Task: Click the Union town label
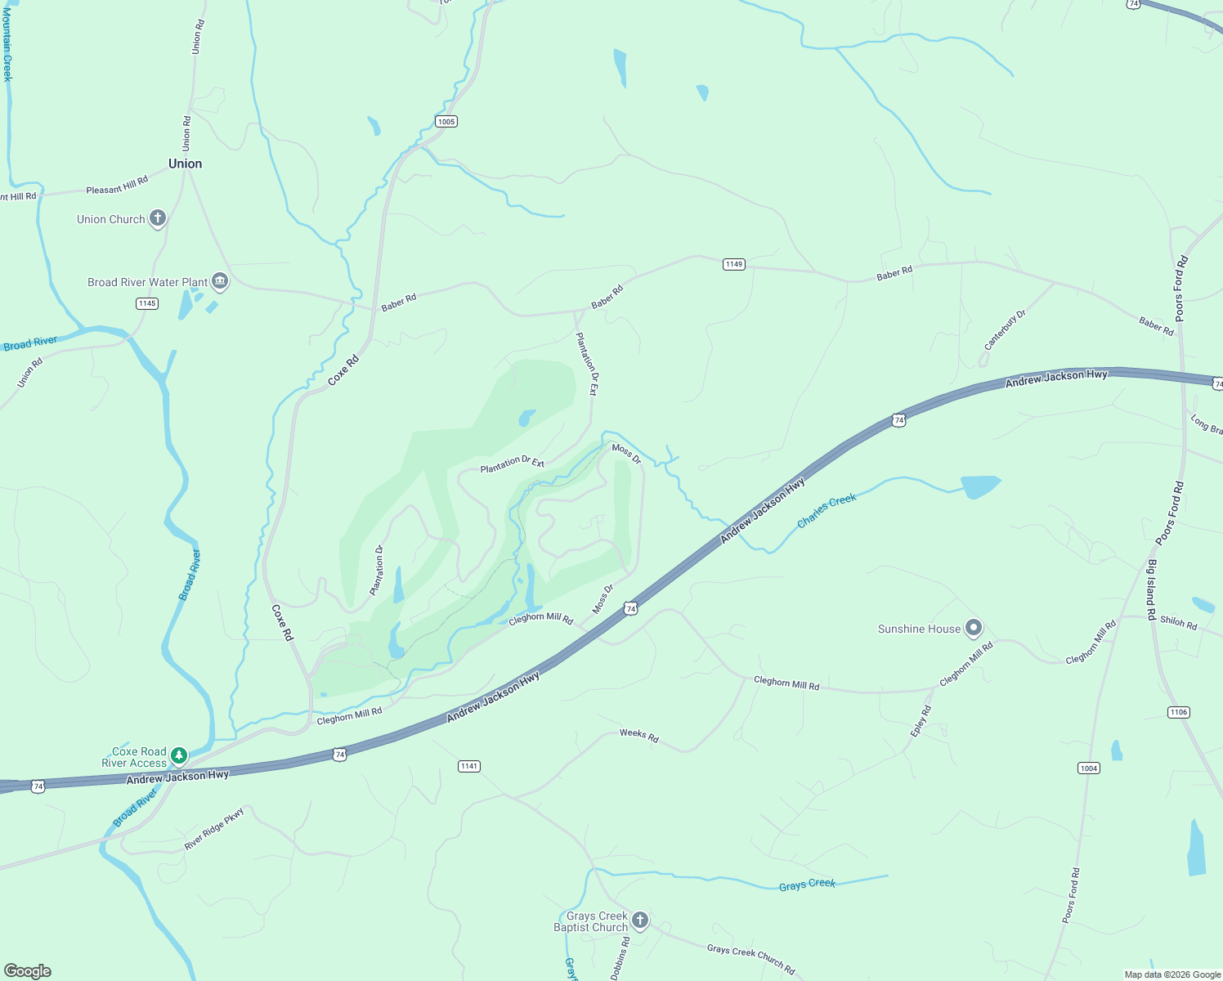coord(185,163)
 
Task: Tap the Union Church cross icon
coord(158,219)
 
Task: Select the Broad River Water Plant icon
coord(220,282)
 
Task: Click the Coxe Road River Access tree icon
coord(179,756)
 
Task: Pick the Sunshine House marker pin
coord(973,629)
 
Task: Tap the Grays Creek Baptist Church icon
coord(640,921)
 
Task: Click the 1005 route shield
coord(446,122)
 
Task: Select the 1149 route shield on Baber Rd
coord(733,264)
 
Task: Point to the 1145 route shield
coord(147,303)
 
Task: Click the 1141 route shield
coord(468,766)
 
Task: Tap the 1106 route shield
coord(1178,712)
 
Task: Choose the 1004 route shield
coord(1088,768)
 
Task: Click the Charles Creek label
coord(827,510)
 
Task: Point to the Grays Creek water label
coord(807,885)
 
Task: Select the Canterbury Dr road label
coord(1005,330)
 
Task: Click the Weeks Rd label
coord(638,734)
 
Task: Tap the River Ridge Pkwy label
coord(214,829)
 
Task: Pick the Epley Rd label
coord(921,722)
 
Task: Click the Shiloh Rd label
coord(1178,623)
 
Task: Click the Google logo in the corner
coord(28,970)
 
